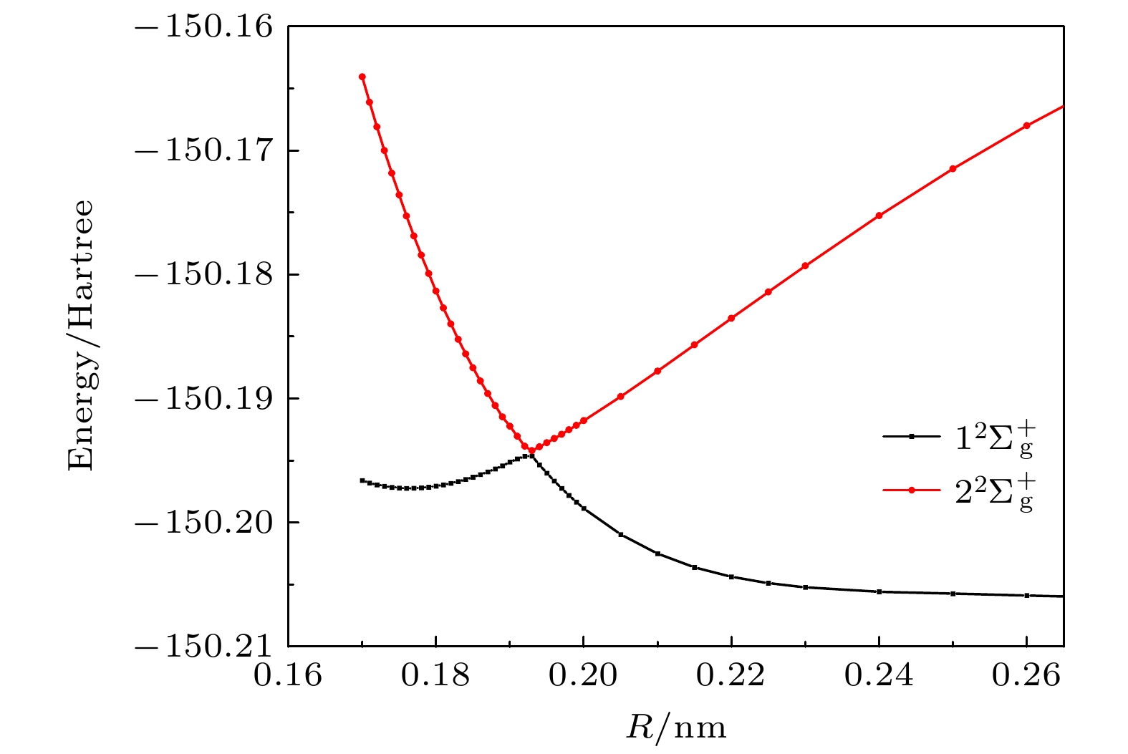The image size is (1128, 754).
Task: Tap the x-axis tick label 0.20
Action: tap(583, 675)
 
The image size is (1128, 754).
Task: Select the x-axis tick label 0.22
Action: tap(731, 675)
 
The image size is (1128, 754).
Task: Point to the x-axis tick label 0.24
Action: tap(879, 675)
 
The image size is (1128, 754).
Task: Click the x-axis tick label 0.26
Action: tap(1027, 675)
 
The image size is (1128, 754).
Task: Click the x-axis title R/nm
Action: tap(676, 728)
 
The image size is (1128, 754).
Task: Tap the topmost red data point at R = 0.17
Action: tap(362, 77)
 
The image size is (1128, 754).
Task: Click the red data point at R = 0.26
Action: tap(1027, 125)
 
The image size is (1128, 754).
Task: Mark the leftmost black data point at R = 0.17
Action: tap(362, 480)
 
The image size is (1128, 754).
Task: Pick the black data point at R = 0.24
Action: tap(879, 591)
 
